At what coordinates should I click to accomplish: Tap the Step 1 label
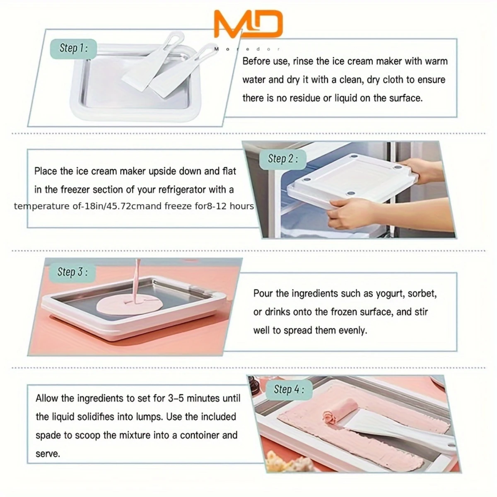(x=73, y=48)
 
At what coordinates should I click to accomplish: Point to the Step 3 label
(x=72, y=272)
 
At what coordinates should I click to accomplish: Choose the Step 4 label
(x=289, y=389)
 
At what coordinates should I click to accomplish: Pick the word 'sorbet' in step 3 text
(x=422, y=294)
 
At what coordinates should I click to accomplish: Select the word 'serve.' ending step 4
(x=48, y=454)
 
